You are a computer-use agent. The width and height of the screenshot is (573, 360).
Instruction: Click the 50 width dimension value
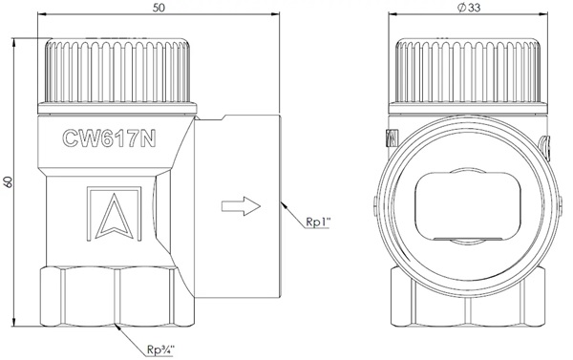pos(159,8)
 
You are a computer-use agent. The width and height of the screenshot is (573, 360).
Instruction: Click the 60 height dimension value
pos(8,182)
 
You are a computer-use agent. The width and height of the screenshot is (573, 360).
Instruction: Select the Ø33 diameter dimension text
pos(469,8)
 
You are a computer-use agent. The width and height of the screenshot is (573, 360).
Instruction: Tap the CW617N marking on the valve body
pos(109,138)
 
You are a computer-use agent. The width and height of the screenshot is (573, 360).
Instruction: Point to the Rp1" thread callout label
pos(318,222)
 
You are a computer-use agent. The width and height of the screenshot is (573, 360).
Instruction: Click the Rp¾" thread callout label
pos(161,349)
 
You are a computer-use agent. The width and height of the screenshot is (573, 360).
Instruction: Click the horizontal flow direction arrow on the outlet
pos(241,206)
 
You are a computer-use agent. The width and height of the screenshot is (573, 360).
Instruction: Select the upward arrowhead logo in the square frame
pos(114,214)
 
